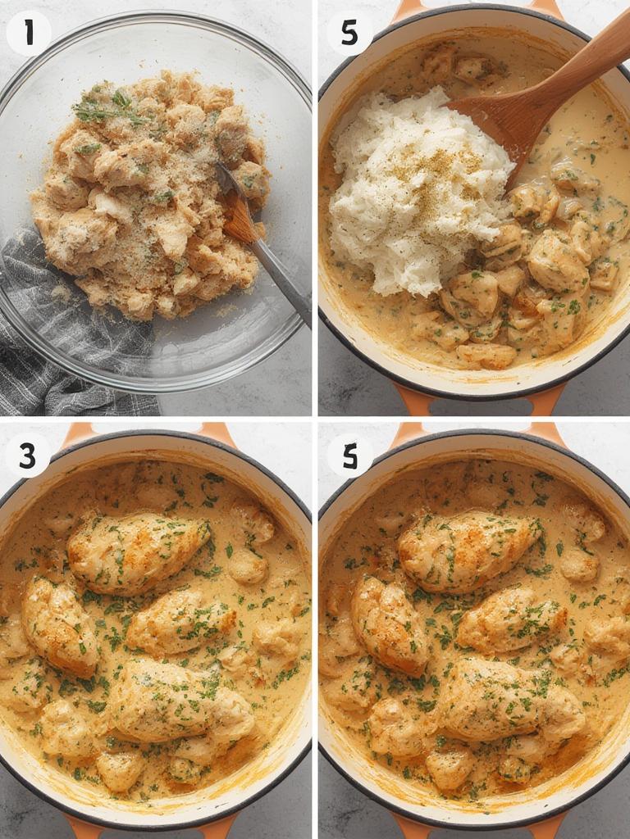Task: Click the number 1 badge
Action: click(x=29, y=33)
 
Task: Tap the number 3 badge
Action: click(x=28, y=456)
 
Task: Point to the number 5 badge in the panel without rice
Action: click(x=350, y=456)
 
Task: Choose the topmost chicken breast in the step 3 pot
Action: click(x=138, y=551)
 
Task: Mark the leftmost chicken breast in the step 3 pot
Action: click(x=59, y=627)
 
